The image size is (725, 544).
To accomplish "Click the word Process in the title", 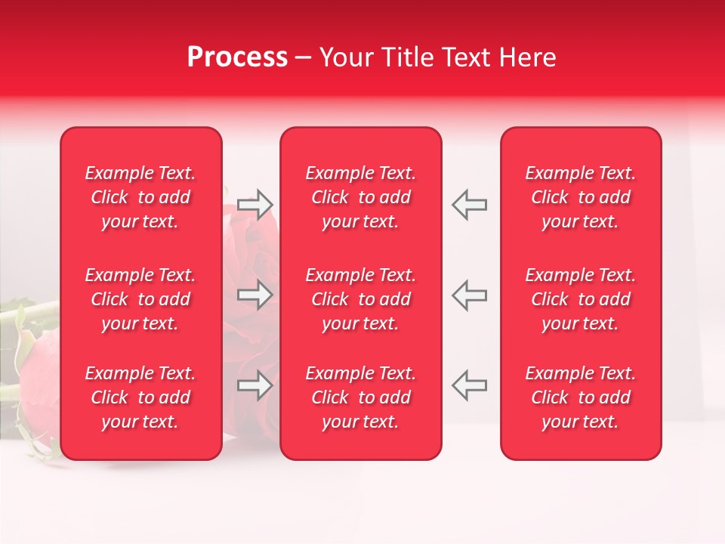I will pos(237,57).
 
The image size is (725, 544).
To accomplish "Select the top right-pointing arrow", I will pos(255,205).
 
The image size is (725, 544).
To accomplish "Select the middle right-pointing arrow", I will pos(255,295).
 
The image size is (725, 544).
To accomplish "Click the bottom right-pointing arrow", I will pos(255,385).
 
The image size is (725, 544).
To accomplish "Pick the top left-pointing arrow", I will pos(470,205).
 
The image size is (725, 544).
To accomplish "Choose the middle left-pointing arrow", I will pos(470,295).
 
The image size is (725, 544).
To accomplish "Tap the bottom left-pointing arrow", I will pos(470,385).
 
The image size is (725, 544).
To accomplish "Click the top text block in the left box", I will pos(140,197).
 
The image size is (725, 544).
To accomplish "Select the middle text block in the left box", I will pos(140,299).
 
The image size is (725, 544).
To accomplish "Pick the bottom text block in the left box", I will pos(140,397).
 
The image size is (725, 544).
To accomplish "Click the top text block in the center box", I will pos(361,197).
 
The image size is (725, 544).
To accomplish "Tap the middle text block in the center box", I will pos(361,299).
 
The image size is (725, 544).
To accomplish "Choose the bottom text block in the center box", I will pos(361,397).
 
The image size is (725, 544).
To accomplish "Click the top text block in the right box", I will pos(581,197).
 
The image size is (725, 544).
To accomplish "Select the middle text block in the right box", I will pos(581,299).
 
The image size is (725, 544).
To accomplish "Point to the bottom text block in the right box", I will pos(581,397).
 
